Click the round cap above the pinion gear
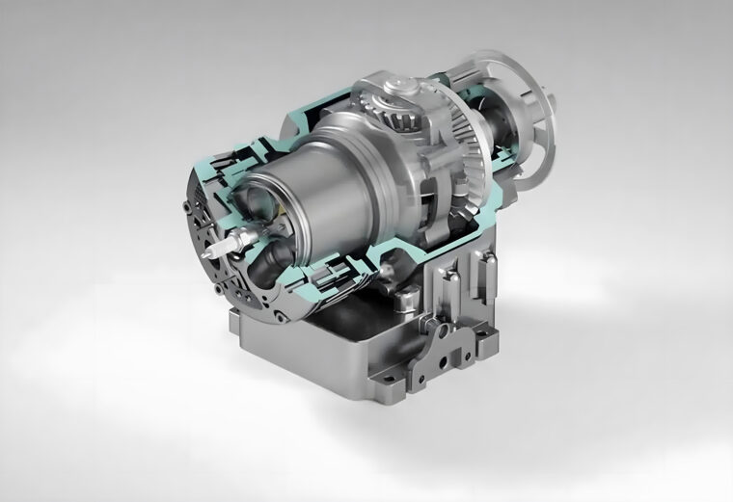tap(397, 89)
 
